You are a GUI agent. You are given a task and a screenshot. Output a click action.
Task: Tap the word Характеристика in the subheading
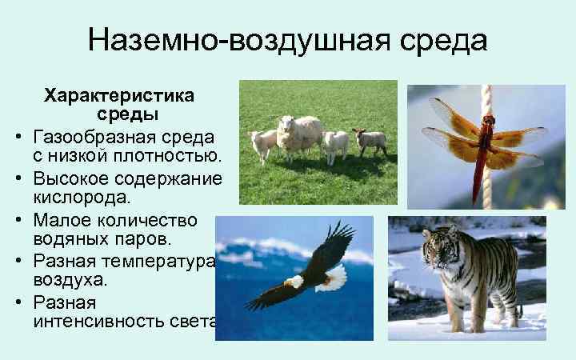119,96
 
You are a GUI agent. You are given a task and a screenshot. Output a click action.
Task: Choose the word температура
166,261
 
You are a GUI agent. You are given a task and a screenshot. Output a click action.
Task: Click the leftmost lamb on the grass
263,143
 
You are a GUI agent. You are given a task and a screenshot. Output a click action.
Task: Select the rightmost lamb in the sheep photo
370,141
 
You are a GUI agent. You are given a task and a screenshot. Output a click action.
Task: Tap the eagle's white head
295,282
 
